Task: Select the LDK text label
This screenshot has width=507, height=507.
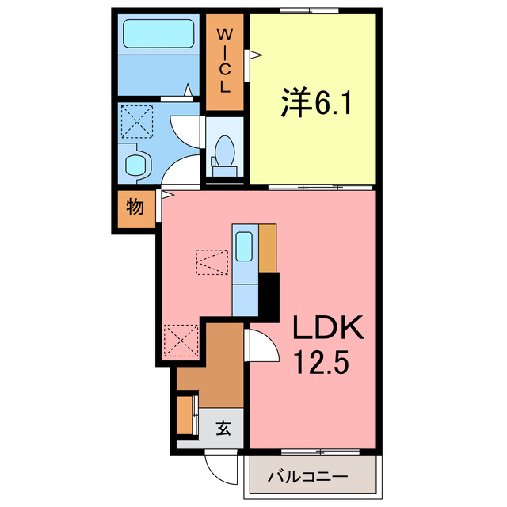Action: (329, 328)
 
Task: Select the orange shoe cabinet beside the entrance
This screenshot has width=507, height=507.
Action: (185, 414)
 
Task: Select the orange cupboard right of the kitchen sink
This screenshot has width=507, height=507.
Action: (268, 249)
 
